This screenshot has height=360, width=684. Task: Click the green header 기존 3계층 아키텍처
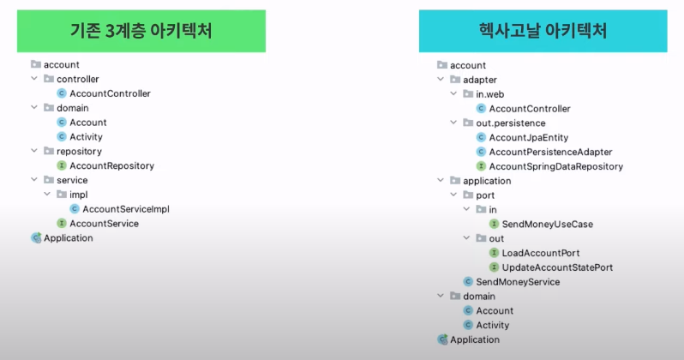pos(141,32)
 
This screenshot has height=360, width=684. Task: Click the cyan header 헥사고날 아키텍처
pos(543,32)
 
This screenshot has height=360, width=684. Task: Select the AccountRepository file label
pos(111,165)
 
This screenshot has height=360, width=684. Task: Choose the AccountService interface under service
pos(104,224)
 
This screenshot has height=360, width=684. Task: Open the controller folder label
pos(78,79)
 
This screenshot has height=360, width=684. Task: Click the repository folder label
pos(79,151)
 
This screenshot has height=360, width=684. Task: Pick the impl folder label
pos(78,195)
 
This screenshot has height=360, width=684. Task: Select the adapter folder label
pos(479,80)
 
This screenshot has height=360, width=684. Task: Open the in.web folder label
pos(492,94)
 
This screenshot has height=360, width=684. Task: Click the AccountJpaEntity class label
pos(528,137)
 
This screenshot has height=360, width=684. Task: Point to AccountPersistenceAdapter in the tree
pos(550,152)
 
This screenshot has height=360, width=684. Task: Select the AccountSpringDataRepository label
pos(555,166)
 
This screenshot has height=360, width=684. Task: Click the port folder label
pos(485,195)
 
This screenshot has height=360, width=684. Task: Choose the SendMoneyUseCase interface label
pos(547,224)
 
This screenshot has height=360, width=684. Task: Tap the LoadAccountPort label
pos(540,253)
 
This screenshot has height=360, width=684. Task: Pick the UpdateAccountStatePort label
pos(557,267)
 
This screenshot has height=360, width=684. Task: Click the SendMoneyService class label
pos(518,282)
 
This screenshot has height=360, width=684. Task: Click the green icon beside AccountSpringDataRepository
pos(481,166)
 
